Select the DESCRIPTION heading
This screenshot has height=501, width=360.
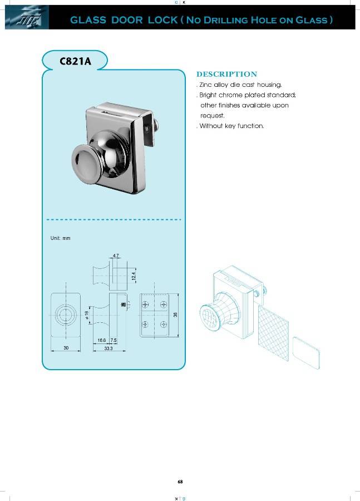[x=227, y=74]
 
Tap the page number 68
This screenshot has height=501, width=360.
[x=180, y=482]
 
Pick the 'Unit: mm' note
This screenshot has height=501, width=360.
[x=61, y=238]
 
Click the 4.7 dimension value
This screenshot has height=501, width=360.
[x=116, y=256]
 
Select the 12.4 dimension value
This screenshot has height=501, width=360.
[x=134, y=276]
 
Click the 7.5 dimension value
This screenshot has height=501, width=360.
[x=114, y=340]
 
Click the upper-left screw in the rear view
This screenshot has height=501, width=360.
[x=145, y=304]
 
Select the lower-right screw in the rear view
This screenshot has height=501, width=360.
[x=163, y=324]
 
